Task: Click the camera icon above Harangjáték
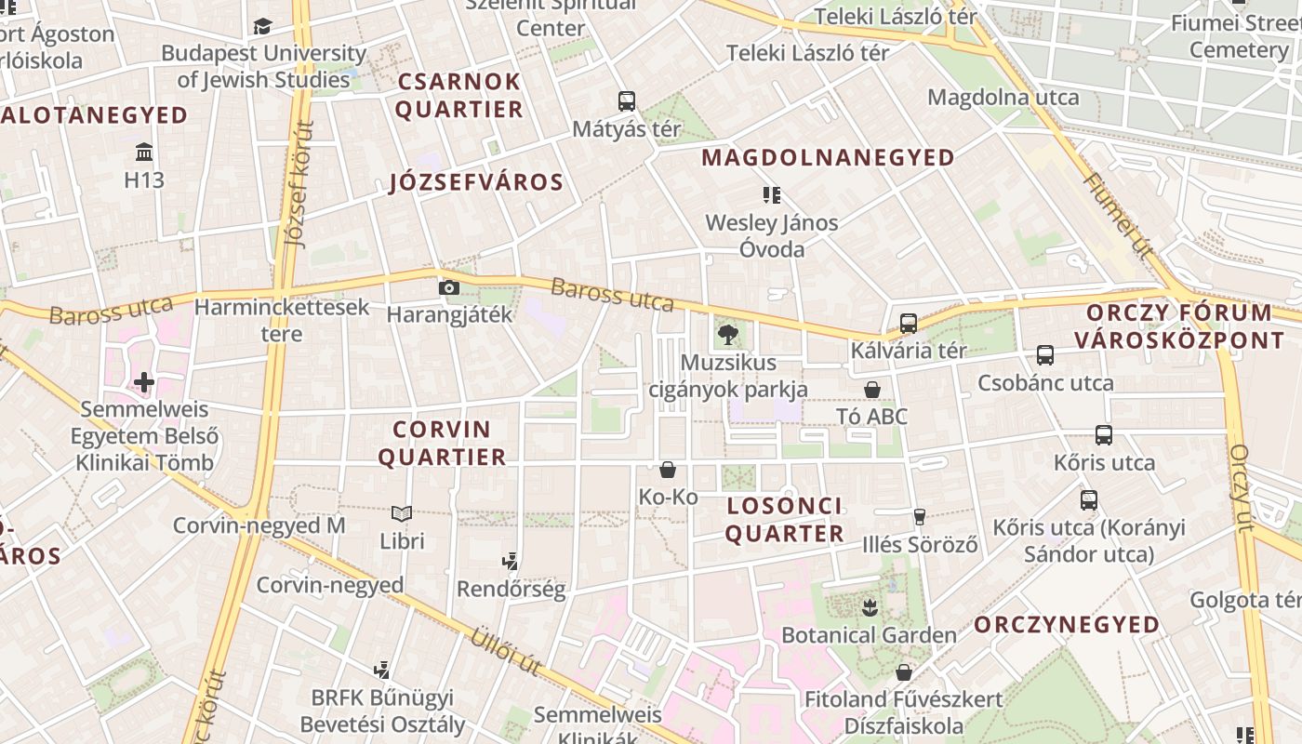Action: click(449, 287)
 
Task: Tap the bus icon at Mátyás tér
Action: click(627, 100)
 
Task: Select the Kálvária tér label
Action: click(909, 351)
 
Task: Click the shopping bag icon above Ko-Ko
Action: click(668, 470)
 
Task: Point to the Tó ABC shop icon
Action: click(872, 389)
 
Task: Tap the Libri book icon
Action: click(402, 513)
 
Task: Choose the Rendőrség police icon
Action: click(510, 561)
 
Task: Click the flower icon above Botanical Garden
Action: click(870, 608)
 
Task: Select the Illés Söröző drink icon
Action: click(920, 516)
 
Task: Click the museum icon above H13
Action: click(144, 152)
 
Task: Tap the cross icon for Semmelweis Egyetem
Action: click(144, 381)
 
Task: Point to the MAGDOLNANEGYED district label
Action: click(828, 157)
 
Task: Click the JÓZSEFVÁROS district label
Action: click(476, 182)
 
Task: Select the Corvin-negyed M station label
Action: click(259, 525)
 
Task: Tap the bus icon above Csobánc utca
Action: click(1045, 354)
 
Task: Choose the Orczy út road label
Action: click(1242, 488)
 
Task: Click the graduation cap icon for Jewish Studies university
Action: click(263, 26)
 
